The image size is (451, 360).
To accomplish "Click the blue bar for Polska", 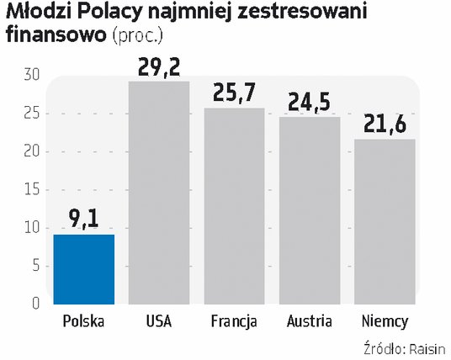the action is coord(84,269).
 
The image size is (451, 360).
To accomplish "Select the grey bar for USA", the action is coord(159,193).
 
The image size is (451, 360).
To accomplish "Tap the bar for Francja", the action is coord(235,206).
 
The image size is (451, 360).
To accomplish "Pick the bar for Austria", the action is coord(310,210).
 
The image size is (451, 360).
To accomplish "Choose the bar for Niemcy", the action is coord(385,222).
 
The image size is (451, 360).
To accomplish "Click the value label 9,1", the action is coord(84,219).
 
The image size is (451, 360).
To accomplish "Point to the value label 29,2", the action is coord(159,67).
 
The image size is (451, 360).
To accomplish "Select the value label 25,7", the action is coord(235,92).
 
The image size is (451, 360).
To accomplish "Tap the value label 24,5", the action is coord(310,102).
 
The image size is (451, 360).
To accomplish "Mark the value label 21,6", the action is coord(385,124).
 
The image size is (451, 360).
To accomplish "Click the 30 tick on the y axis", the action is coord(32,75).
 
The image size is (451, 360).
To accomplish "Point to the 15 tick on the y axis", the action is coord(32,190).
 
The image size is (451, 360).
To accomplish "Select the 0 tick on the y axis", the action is coord(35,304).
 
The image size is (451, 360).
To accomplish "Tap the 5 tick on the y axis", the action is coord(36,266).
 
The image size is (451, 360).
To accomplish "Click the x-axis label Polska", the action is coord(83,321).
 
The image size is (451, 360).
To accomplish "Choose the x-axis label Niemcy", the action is coord(385,322).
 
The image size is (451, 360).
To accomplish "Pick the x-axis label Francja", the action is coord(234,322).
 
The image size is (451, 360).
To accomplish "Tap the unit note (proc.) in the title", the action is coord(138,35).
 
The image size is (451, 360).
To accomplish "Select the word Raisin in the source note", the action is coord(427,349).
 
